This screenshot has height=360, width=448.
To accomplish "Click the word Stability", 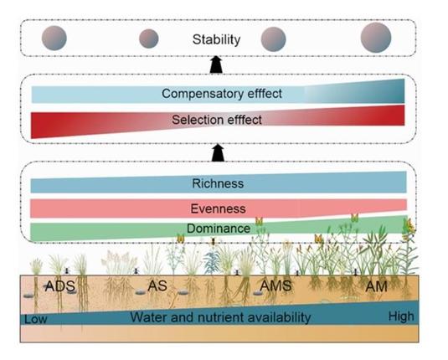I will (x=216, y=39).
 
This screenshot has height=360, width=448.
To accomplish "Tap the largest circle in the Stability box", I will (x=375, y=38).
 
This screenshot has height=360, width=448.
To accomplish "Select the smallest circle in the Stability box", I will (x=148, y=39).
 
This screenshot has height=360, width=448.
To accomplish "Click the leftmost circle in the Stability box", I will (x=54, y=39).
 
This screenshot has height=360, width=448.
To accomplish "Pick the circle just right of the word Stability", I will (x=274, y=39).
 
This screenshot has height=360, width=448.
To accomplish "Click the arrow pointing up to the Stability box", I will (x=216, y=64).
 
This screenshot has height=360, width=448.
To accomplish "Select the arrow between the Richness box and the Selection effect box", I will (x=218, y=152).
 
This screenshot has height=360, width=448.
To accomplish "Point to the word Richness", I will (x=217, y=183).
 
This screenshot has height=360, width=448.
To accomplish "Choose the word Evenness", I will (x=217, y=208).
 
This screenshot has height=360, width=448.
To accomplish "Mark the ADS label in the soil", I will (x=60, y=285).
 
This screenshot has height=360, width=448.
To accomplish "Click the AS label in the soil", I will (x=157, y=285).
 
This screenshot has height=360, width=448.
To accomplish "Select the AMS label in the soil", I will (x=275, y=286).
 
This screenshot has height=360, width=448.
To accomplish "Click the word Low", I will (x=34, y=319).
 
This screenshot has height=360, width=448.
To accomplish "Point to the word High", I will (x=401, y=316).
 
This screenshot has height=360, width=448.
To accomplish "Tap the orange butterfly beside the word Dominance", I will (x=260, y=221).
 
